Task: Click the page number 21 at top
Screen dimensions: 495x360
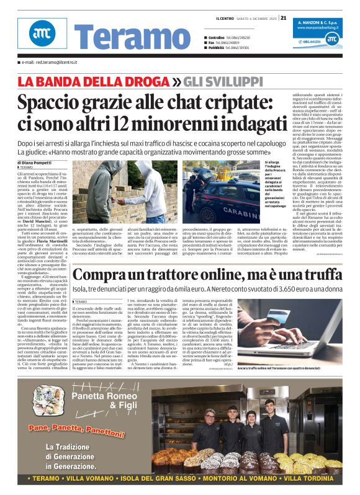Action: click(283, 17)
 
